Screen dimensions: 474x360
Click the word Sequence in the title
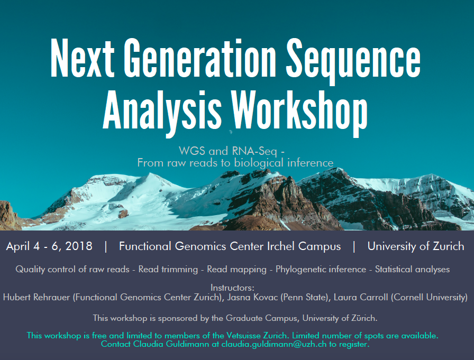point(353,60)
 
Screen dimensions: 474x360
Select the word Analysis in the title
point(162,113)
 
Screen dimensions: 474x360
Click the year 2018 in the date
point(79,246)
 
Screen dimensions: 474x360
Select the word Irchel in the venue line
point(281,246)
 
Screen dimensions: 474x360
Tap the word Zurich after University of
point(448,246)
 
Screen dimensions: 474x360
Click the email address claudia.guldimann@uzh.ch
point(274,344)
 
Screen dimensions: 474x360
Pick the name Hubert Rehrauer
point(37,297)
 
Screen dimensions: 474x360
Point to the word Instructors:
point(232,288)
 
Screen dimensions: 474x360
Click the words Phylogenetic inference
point(321,270)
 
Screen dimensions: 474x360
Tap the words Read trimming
point(168,270)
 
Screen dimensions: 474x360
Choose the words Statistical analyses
point(412,270)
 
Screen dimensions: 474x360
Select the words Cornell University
point(429,297)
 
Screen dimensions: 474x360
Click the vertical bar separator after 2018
point(105,246)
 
